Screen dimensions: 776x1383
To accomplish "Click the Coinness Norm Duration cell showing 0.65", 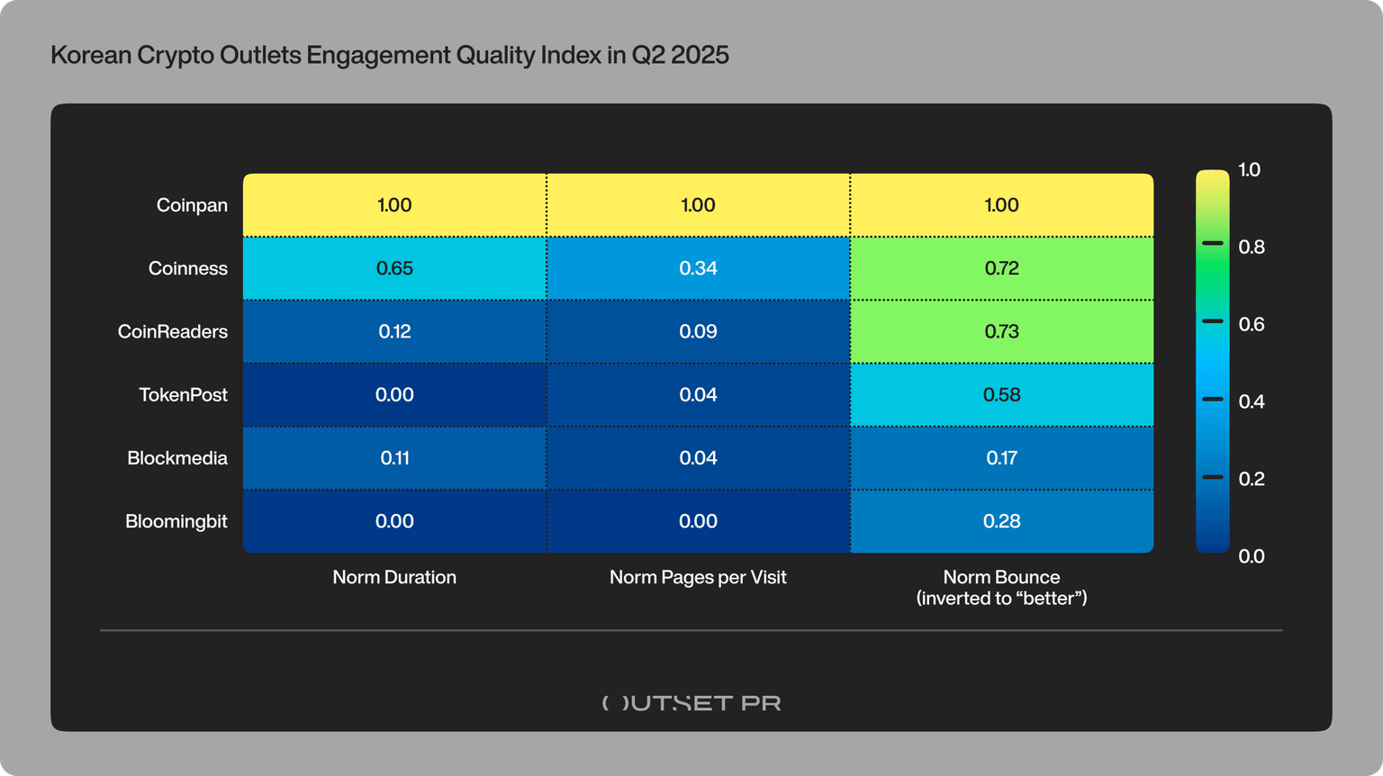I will point(394,268).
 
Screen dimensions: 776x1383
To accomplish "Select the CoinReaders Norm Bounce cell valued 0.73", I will point(1001,331).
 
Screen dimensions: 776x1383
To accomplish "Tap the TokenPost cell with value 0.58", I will point(1001,394).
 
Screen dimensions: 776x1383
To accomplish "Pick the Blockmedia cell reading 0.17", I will point(1001,458).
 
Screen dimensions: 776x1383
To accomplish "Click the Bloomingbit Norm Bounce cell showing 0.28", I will point(1001,521).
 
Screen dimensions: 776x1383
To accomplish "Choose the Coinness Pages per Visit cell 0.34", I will point(698,268).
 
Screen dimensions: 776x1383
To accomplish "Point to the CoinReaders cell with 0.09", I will point(698,331).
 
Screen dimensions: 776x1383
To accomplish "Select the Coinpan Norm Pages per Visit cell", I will point(698,205).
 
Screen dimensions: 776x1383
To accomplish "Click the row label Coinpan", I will point(192,205).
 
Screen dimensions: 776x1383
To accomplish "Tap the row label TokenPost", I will point(183,394).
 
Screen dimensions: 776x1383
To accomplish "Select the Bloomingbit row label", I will point(176,521).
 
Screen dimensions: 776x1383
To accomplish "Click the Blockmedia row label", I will point(176,458).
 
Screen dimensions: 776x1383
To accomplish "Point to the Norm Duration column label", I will point(394,577).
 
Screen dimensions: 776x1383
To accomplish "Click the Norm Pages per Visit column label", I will point(698,577).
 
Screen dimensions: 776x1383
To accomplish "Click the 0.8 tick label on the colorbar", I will point(1252,247).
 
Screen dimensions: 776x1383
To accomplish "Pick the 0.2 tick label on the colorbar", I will point(1252,479).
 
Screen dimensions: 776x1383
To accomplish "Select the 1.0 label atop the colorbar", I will point(1249,169).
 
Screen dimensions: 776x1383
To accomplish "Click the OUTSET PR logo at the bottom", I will point(691,703).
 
